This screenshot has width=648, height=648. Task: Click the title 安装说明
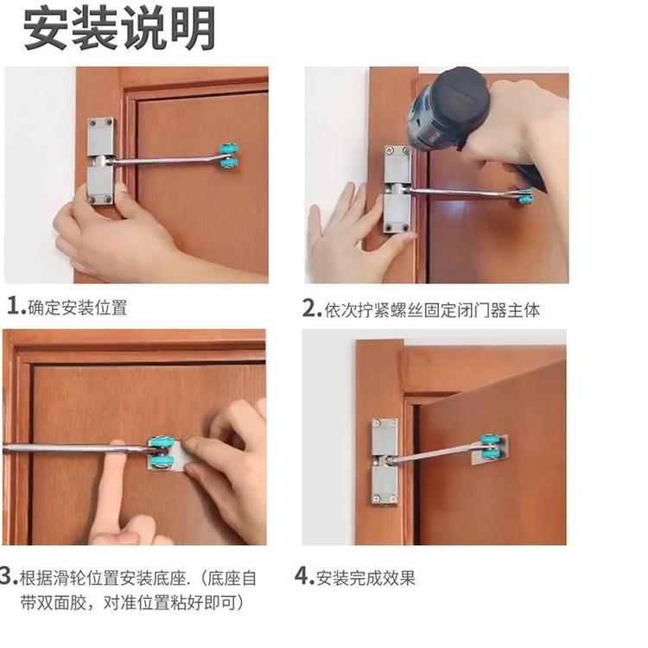click(x=119, y=29)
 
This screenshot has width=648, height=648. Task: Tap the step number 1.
click(x=16, y=307)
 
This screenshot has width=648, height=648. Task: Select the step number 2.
click(x=312, y=308)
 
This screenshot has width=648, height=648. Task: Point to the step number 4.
click(x=304, y=576)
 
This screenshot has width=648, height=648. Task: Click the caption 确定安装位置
click(x=78, y=308)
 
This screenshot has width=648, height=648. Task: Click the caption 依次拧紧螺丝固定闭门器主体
click(x=432, y=310)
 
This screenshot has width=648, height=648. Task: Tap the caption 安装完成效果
click(x=365, y=577)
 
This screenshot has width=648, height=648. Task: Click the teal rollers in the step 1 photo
click(x=228, y=157)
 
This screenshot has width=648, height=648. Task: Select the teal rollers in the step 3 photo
click(x=159, y=453)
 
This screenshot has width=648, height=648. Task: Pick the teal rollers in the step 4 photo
click(x=490, y=448)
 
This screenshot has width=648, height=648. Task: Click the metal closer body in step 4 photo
click(x=384, y=461)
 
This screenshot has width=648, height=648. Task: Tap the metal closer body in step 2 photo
click(x=397, y=189)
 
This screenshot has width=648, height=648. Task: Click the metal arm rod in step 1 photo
click(x=166, y=160)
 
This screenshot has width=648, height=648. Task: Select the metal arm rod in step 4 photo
click(x=439, y=454)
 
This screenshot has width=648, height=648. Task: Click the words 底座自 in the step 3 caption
click(x=232, y=578)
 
